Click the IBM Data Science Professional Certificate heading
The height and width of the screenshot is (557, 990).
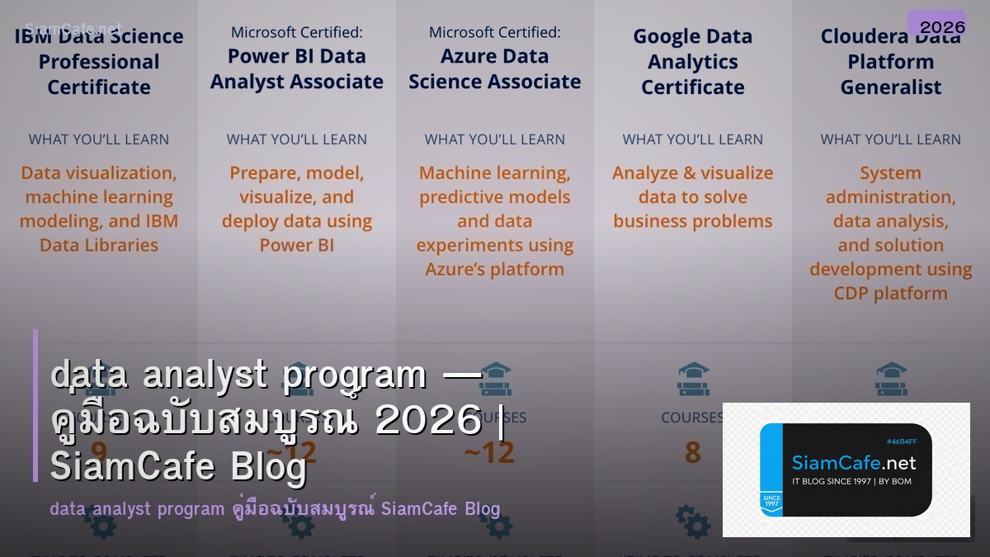pyautogui.click(x=99, y=62)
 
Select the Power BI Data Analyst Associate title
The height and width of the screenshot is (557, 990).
pyautogui.click(x=297, y=68)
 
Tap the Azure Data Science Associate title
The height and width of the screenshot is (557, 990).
pyautogui.click(x=495, y=68)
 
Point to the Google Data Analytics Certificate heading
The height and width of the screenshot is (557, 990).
pyautogui.click(x=693, y=62)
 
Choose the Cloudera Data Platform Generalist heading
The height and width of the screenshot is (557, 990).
pyautogui.click(x=891, y=62)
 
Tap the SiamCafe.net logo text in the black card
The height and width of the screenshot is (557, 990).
pyautogui.click(x=854, y=463)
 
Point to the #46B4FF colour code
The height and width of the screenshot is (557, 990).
pyautogui.click(x=902, y=441)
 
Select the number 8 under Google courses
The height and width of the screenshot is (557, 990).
pyautogui.click(x=693, y=452)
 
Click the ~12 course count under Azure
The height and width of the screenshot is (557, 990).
pyautogui.click(x=494, y=452)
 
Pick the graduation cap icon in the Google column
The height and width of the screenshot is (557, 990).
pyautogui.click(x=693, y=376)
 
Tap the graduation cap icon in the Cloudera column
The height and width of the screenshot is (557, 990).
pyautogui.click(x=891, y=376)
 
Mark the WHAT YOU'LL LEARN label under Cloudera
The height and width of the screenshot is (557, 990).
pyautogui.click(x=891, y=139)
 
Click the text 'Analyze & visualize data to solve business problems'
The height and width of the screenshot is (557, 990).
pyautogui.click(x=693, y=197)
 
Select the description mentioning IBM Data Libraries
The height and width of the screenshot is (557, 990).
pyautogui.click(x=99, y=209)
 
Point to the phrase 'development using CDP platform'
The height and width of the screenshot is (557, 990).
pyautogui.click(x=891, y=281)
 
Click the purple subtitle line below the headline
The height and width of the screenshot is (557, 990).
pyautogui.click(x=275, y=508)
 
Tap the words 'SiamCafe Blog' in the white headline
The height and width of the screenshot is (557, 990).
pyautogui.click(x=178, y=467)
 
